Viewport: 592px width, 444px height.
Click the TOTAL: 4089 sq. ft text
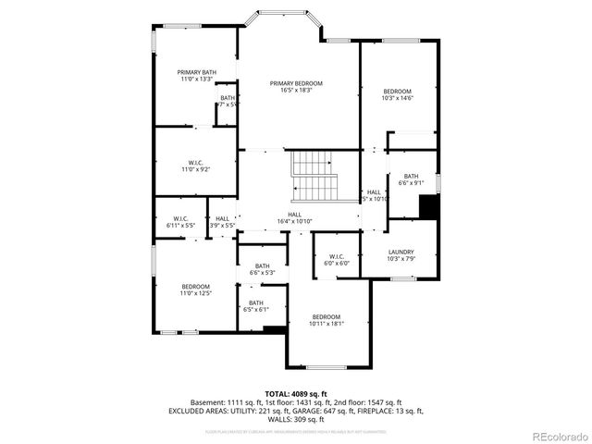296,394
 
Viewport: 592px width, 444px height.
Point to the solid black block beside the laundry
427,206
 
